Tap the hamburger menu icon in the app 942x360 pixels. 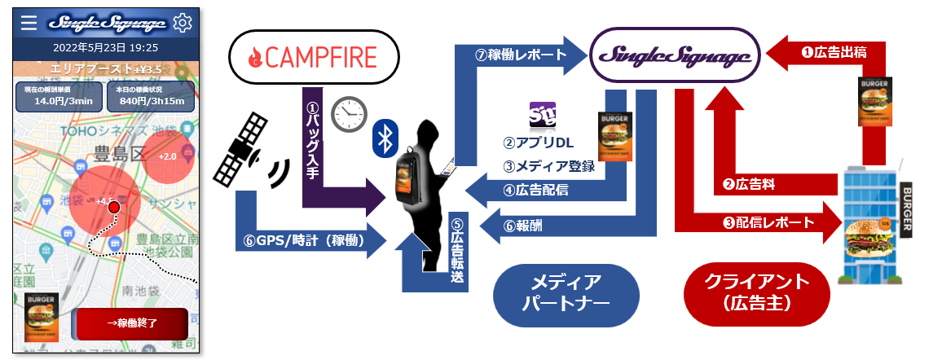point(29,23)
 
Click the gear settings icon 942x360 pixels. point(183,23)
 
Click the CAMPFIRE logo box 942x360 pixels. point(314,58)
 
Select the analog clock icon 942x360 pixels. point(350,115)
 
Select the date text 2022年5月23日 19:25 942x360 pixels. point(104,47)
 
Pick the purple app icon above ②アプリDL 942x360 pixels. point(542,116)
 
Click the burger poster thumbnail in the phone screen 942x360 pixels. point(42,314)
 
